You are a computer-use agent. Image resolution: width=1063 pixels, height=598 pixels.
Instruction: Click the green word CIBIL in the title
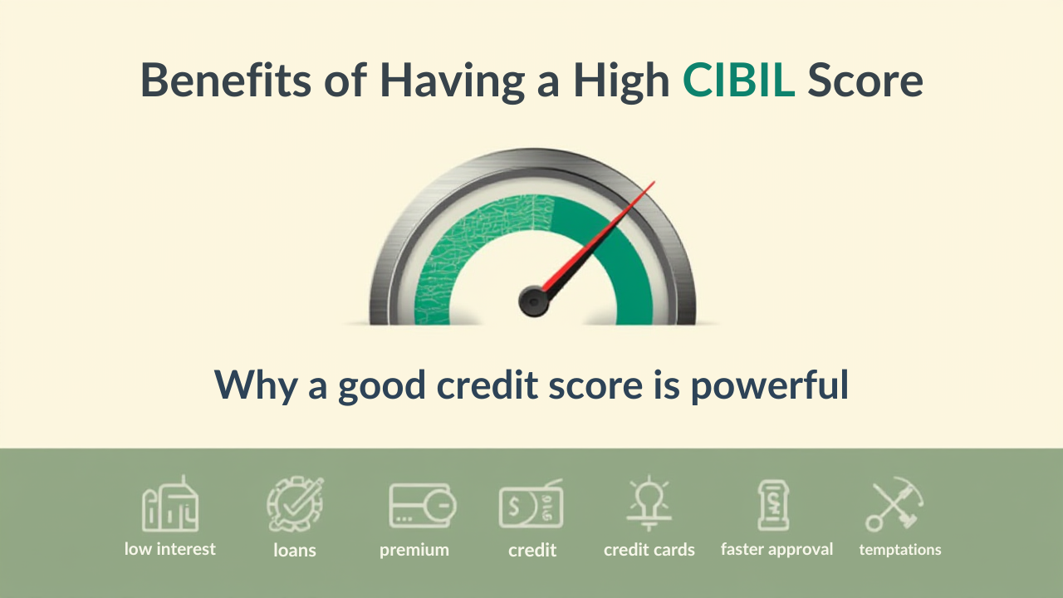pos(738,80)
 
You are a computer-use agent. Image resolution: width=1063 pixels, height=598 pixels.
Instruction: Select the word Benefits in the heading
pos(226,80)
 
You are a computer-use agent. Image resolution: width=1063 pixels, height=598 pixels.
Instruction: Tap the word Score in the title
pos(865,80)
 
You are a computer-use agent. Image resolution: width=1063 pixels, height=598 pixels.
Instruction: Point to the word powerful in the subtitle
pos(769,386)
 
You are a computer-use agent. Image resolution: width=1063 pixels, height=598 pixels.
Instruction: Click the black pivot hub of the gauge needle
pos(533,301)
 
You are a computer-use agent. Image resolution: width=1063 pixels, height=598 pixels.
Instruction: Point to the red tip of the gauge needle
pos(654,182)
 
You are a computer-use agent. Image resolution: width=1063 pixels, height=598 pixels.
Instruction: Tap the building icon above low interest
pos(170,503)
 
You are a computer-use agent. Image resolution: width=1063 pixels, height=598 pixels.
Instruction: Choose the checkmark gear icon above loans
pos(295,504)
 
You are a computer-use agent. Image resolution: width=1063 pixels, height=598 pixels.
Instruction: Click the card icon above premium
pos(423,506)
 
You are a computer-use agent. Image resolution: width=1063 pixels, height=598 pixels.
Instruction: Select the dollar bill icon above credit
pos(531,504)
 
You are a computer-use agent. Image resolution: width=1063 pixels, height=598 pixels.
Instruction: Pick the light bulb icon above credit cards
pos(649,503)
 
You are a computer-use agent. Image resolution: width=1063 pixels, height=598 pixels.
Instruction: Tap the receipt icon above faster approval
pos(773,505)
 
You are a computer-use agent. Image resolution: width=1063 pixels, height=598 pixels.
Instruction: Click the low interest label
pos(170,549)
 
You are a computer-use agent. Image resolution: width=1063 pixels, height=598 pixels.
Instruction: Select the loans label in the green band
pos(295,550)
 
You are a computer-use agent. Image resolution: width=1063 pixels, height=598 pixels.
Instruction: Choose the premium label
pos(414,551)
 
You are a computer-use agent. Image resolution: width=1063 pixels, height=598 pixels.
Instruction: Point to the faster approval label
pos(776,550)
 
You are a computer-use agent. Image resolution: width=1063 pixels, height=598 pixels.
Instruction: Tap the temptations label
pos(900,550)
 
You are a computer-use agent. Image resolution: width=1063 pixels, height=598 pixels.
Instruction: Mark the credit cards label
pos(649,550)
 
